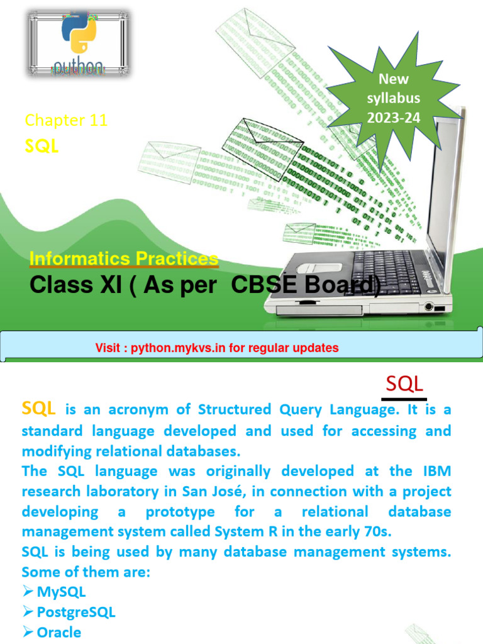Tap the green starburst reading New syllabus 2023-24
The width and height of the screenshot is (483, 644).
click(394, 99)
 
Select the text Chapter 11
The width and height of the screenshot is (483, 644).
click(66, 120)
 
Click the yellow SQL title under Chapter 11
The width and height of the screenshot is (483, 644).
click(42, 146)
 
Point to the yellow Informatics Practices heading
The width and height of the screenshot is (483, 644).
click(124, 258)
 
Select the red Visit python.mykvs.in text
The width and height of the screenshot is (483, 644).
click(217, 348)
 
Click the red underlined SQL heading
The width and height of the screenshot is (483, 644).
click(404, 385)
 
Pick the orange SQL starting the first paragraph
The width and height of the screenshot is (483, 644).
click(39, 409)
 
